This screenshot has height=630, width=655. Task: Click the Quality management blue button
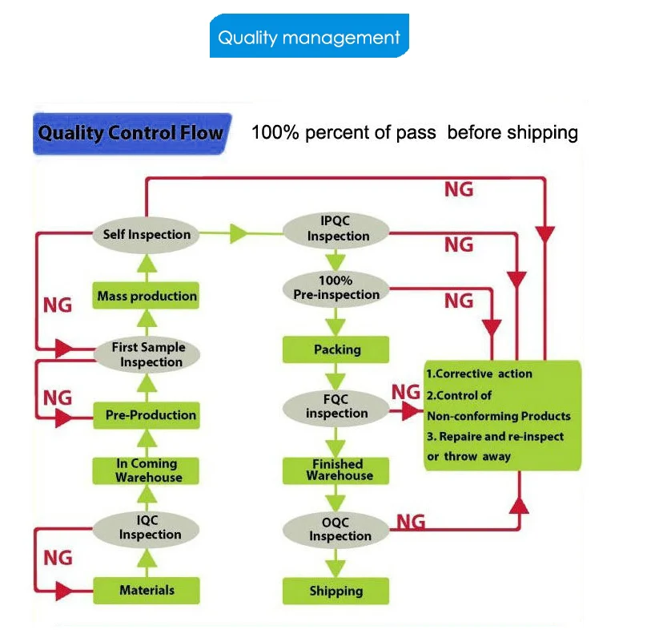309,37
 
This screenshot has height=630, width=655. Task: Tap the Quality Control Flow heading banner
131,132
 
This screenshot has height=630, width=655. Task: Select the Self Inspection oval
147,234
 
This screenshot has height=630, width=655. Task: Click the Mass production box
147,296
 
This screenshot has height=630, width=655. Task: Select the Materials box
147,591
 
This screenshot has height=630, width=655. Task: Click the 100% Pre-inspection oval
336,289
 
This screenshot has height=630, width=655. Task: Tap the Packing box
336,349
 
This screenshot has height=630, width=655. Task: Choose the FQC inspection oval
336,407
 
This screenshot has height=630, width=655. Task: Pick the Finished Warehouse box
336,470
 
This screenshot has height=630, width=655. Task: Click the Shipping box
336,592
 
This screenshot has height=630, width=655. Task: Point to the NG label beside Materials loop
58,557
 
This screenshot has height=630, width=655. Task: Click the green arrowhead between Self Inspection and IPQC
239,234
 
